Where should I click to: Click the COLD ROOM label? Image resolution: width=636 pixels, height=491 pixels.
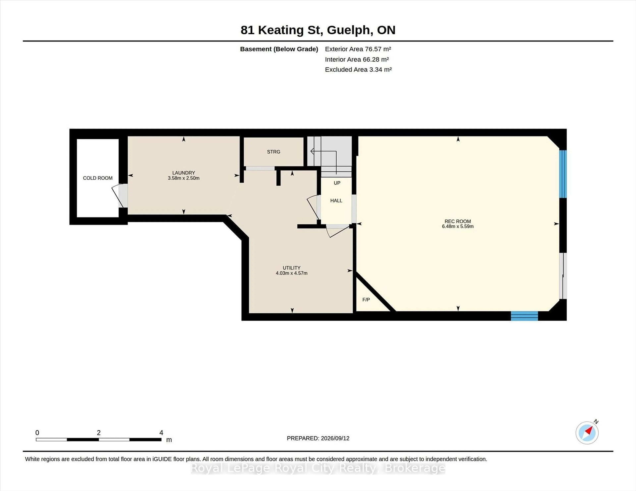coord(98,178)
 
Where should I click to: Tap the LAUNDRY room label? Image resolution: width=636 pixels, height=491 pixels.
coord(184,173)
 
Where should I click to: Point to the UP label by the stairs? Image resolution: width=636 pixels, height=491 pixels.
coord(337,183)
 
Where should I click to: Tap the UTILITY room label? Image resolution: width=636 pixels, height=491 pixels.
coord(291,268)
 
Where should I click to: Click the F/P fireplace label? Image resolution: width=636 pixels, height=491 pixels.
coord(366,300)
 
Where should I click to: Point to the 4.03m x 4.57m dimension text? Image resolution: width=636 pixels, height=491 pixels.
coord(291,273)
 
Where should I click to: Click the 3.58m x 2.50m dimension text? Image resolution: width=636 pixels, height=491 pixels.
coord(184,178)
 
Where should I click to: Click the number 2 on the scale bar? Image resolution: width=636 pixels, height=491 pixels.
coord(99,433)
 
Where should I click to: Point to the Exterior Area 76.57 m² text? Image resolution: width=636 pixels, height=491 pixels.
coord(358,49)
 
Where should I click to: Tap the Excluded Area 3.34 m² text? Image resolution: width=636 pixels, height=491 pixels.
coord(358,69)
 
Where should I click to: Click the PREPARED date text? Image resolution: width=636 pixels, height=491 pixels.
coord(318,438)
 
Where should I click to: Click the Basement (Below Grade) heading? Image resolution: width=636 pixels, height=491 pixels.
coord(279,49)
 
